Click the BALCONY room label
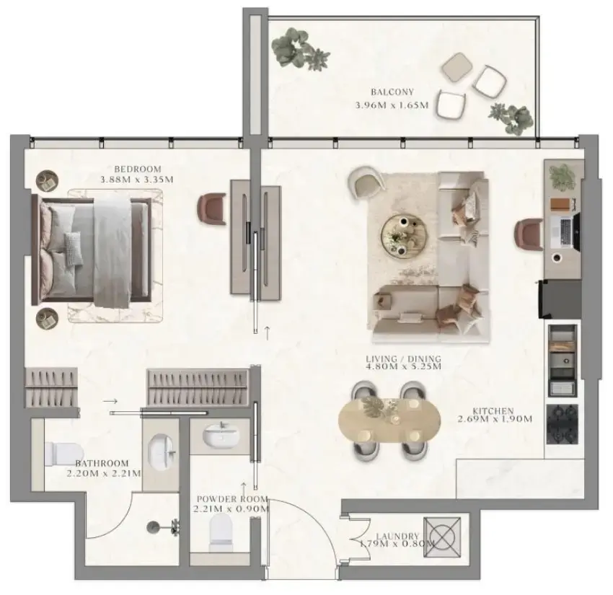(392, 92)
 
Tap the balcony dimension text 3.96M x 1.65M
(392, 105)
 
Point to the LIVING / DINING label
(403, 358)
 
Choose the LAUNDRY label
(397, 537)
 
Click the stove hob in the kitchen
(562, 424)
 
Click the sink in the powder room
(220, 436)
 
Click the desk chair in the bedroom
(212, 209)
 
